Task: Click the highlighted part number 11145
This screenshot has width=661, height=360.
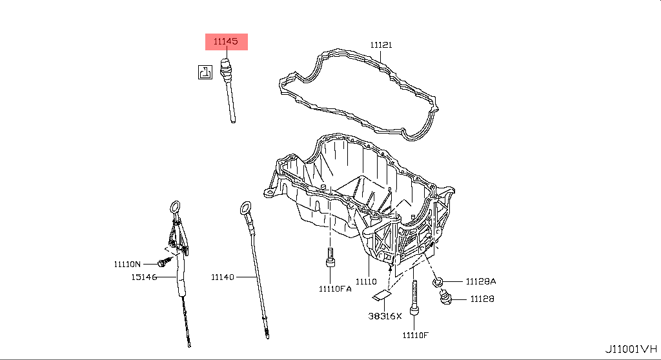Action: point(226,41)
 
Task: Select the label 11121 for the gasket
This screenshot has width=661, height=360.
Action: point(381,45)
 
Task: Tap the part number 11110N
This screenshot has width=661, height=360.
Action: point(127,264)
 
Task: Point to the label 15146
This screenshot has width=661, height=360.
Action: point(144,277)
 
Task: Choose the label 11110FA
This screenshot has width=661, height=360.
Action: point(334,289)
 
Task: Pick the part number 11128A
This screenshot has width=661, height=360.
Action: point(482,281)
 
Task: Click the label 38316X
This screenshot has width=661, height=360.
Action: point(385,316)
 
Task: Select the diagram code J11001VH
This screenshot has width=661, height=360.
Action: point(629,349)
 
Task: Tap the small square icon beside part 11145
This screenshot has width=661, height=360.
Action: point(205,72)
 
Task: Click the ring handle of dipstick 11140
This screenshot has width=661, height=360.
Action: point(243,208)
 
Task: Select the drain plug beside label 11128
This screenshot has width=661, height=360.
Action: point(445,297)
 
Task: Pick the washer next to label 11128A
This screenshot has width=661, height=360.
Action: point(438,281)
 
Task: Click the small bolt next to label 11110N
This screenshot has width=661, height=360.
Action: point(162,262)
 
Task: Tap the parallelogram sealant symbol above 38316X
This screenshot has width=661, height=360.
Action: point(382,295)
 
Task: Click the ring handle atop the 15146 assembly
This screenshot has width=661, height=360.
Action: point(174,207)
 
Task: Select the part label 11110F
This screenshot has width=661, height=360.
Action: point(415,335)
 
